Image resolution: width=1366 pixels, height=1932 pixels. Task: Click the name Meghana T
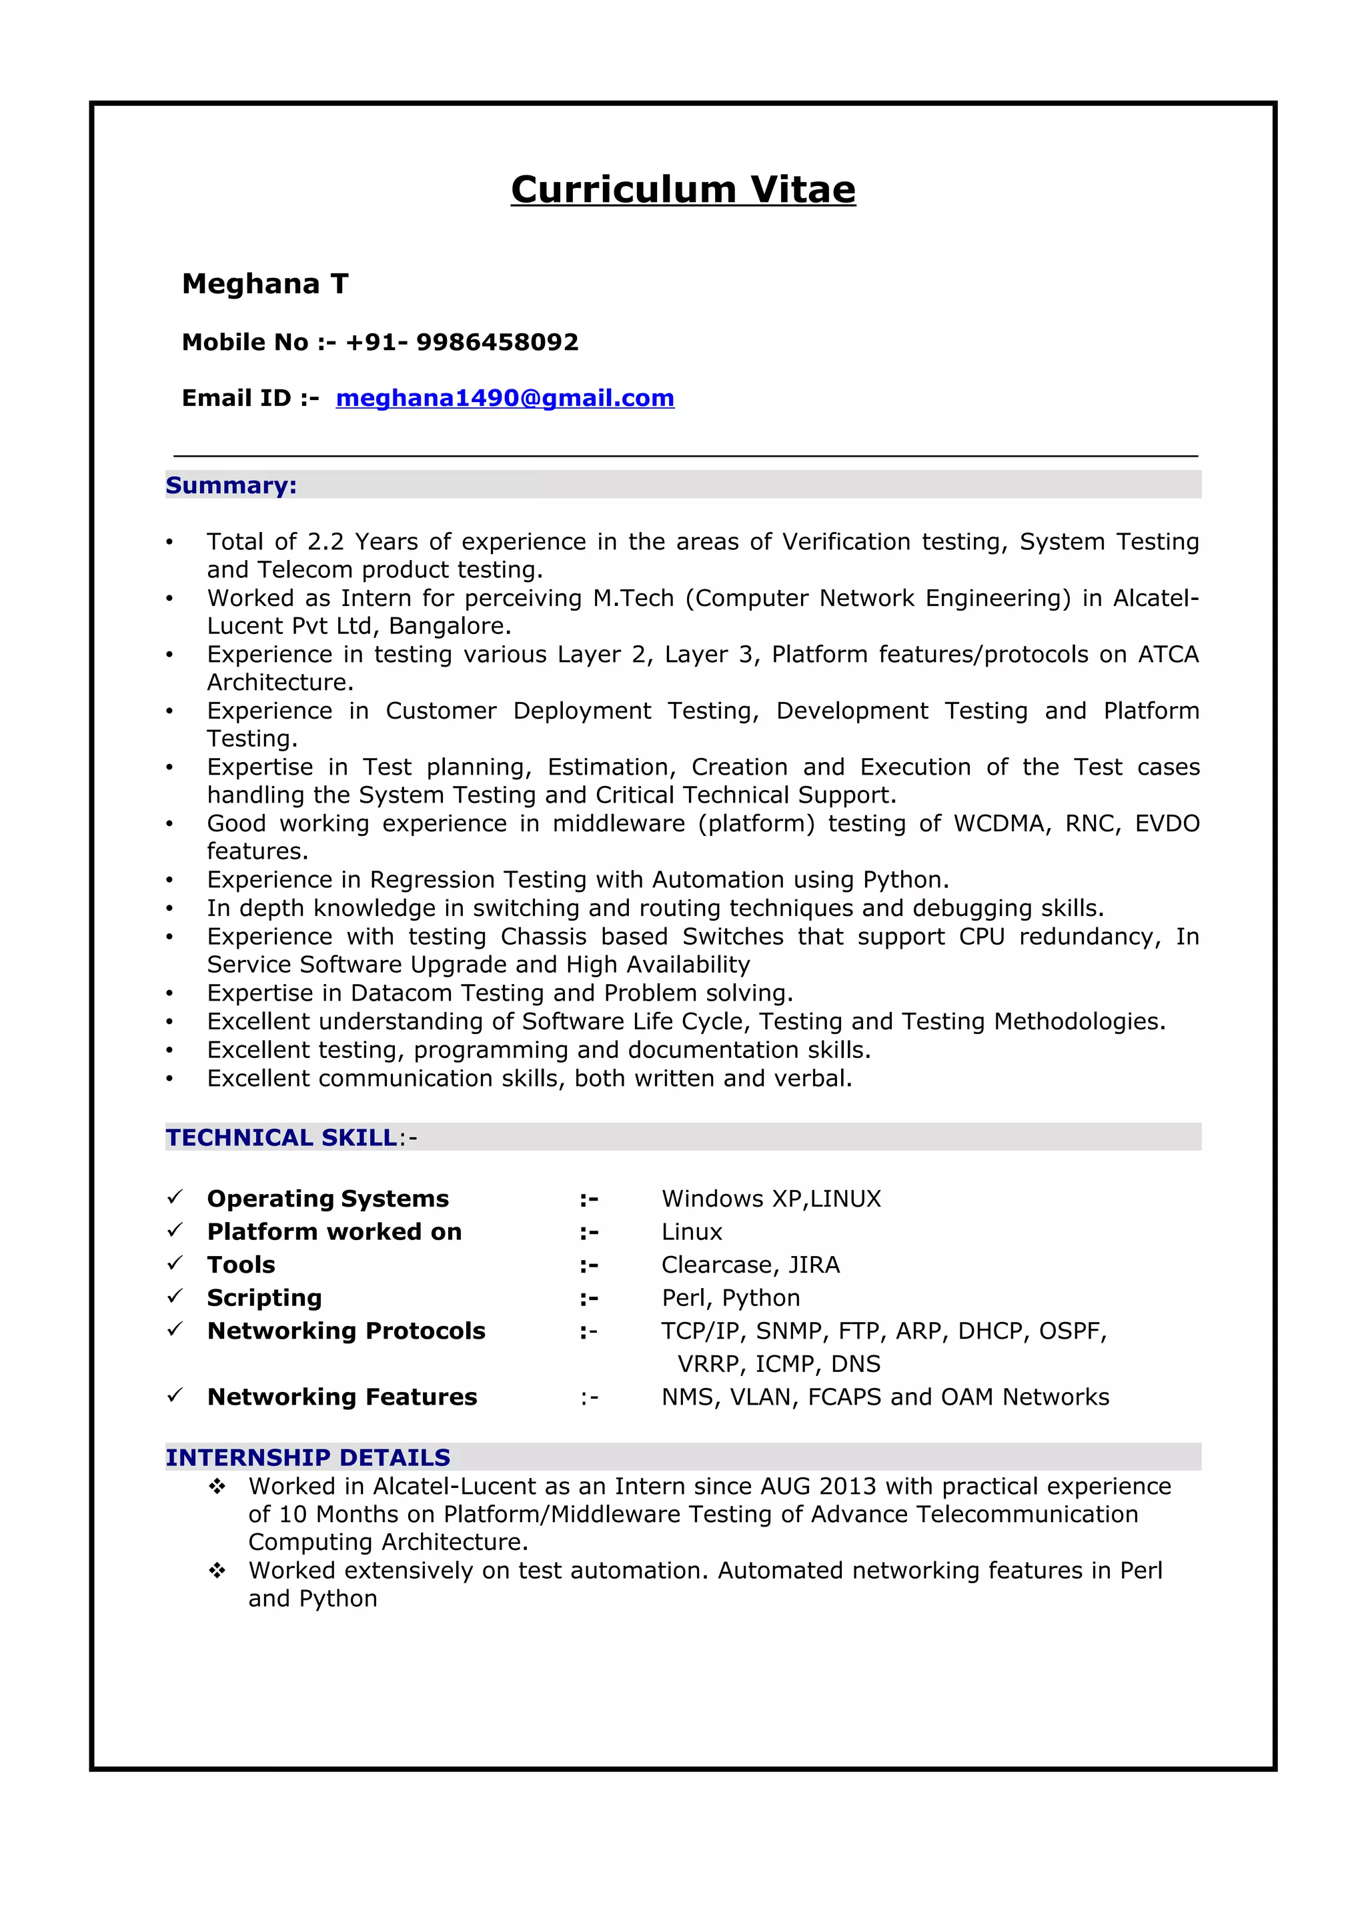pyautogui.click(x=265, y=285)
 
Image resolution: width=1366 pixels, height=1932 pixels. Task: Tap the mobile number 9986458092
pyautogui.click(x=496, y=343)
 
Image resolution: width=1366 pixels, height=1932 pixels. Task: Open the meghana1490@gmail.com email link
pyautogui.click(x=505, y=398)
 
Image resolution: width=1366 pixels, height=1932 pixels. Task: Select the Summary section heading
pyautogui.click(x=231, y=485)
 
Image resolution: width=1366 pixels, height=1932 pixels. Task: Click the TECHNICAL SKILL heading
pyautogui.click(x=281, y=1137)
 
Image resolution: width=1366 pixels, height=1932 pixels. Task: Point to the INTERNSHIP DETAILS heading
pyautogui.click(x=307, y=1457)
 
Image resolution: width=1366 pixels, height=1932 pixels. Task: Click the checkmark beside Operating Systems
pyautogui.click(x=175, y=1197)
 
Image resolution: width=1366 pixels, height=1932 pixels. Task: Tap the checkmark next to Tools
pyautogui.click(x=175, y=1263)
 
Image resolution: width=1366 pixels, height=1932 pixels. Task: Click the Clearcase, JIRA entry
pyautogui.click(x=750, y=1265)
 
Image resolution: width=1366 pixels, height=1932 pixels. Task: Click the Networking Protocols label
pyautogui.click(x=346, y=1331)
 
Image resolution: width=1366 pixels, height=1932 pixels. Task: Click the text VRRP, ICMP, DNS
pyautogui.click(x=778, y=1364)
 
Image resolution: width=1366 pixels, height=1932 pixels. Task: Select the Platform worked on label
pyautogui.click(x=334, y=1232)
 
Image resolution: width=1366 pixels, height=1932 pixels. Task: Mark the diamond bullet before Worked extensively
pyautogui.click(x=217, y=1570)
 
